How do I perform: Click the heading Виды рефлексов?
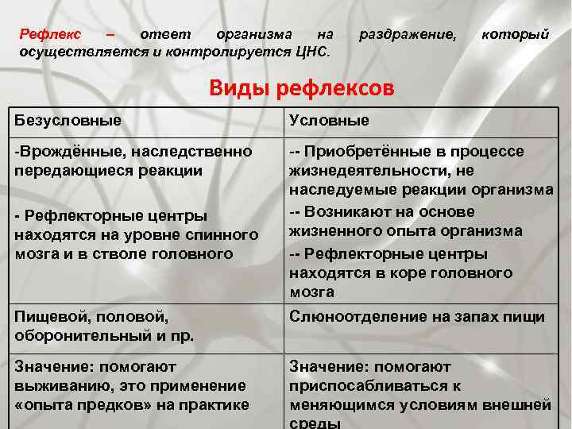coord(301,87)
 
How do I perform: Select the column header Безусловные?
coord(68,121)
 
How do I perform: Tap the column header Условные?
coord(329,121)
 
